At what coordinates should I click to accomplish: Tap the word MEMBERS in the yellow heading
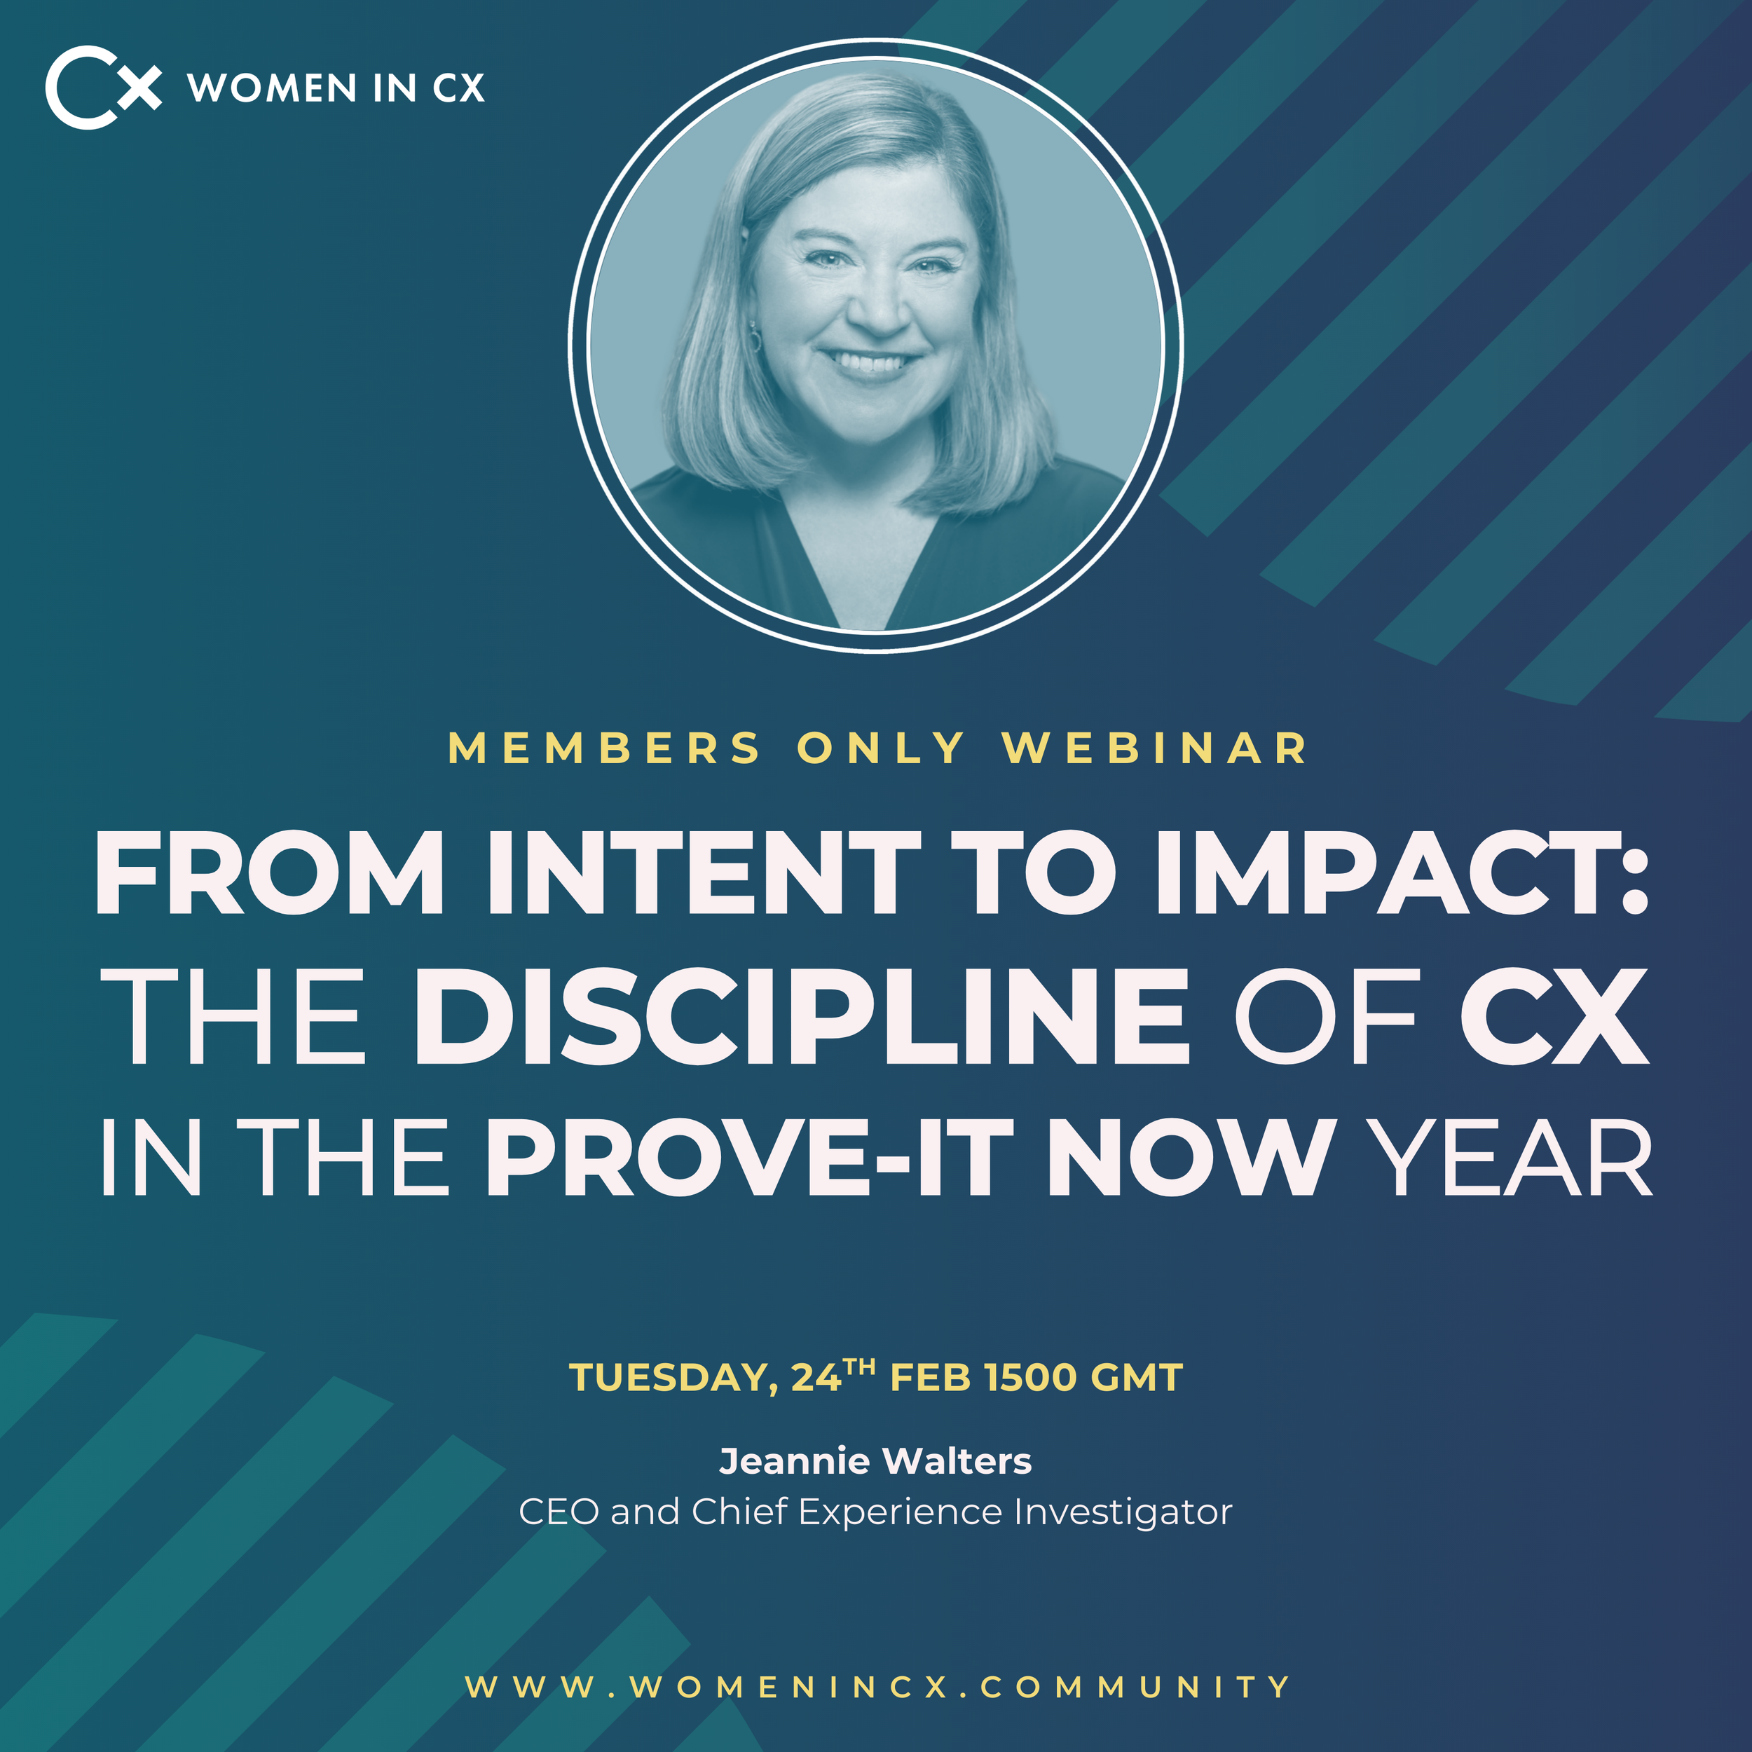604,749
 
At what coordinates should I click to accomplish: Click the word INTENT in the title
704,872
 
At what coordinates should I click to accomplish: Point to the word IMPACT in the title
1388,872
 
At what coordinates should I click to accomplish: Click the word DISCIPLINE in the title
802,1015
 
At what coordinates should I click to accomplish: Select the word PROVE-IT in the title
749,1157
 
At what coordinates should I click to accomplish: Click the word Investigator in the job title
1123,1512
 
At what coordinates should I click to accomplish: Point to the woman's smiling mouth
870,363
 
